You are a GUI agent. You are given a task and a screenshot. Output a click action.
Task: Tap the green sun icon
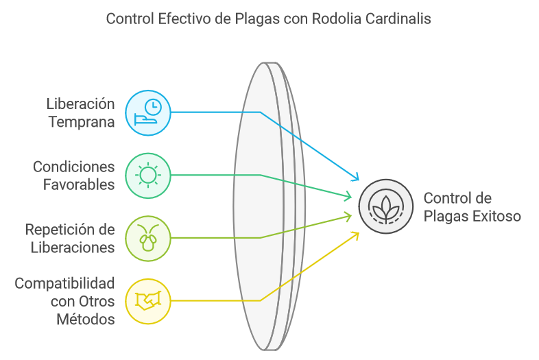point(147,176)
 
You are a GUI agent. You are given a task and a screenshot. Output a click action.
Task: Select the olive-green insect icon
point(147,238)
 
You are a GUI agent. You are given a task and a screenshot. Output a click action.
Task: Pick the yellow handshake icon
point(147,300)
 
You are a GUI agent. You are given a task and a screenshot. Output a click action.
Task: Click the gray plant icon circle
point(386,205)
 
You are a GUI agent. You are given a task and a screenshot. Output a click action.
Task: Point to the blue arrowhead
point(356,178)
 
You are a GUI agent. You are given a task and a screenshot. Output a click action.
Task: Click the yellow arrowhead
point(356,235)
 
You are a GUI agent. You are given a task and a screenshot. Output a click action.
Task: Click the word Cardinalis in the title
point(397,19)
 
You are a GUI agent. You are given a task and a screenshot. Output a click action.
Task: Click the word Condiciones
point(74,167)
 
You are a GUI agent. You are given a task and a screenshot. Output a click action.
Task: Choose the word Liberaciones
point(73,247)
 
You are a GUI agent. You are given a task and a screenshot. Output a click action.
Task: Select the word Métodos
point(86,319)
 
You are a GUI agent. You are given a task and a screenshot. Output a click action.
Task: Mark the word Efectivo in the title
point(185,19)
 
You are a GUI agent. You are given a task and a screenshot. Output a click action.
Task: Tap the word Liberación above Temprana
point(80,104)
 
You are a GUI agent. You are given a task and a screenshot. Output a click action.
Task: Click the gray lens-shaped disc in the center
point(264,206)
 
